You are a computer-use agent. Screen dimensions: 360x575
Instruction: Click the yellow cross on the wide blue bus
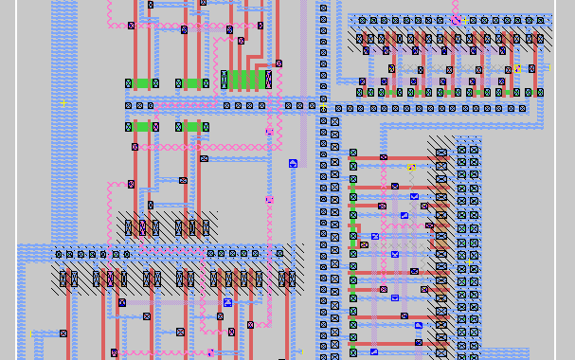tap(63, 102)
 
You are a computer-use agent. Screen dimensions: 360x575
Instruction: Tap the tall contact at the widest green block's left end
tap(225, 80)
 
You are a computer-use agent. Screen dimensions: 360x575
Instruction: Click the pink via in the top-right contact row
tap(456, 20)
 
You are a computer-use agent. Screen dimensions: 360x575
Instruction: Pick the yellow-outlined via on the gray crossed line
tap(411, 168)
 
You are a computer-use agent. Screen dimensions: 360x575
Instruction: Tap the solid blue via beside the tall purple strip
tap(293, 163)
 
